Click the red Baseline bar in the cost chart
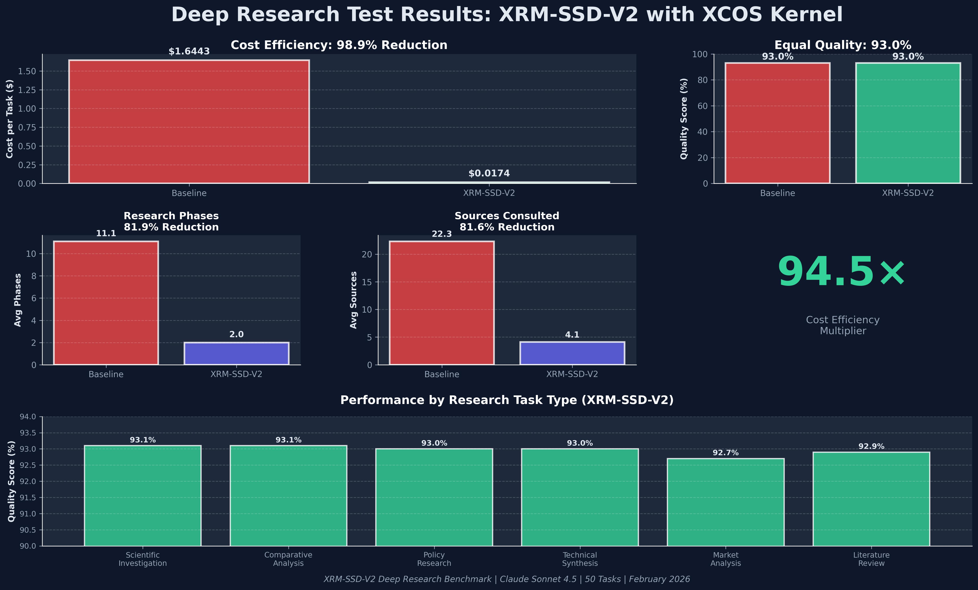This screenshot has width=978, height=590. (189, 121)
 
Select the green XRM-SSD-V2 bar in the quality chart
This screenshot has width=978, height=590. (908, 123)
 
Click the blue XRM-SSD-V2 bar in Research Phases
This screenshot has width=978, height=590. (236, 353)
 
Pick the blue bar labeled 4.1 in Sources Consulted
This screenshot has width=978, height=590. (572, 353)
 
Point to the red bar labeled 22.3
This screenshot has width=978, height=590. (441, 303)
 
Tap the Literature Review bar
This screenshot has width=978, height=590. (871, 499)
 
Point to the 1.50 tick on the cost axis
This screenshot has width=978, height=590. (27, 71)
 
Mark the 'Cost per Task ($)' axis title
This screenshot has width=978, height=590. (10, 119)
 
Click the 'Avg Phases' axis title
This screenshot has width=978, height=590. (17, 300)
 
